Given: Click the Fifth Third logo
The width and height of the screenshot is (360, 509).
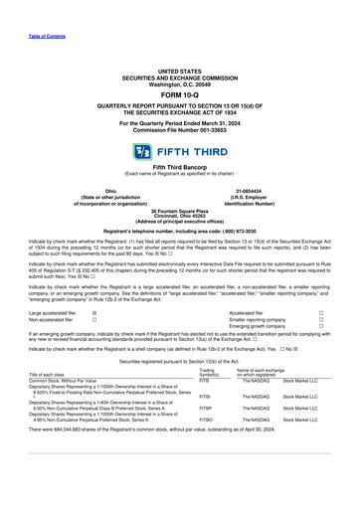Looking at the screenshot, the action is [x=180, y=153].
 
